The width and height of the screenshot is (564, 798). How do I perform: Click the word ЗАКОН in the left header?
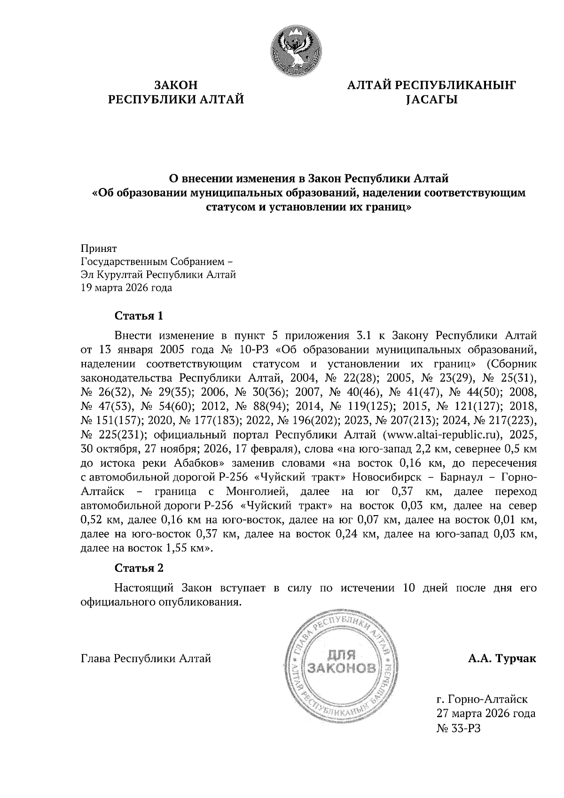coord(176,85)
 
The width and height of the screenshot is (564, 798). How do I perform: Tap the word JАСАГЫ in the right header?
coord(431,100)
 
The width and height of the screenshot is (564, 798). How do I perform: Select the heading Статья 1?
coord(139,315)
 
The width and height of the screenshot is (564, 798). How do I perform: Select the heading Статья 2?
coord(139,568)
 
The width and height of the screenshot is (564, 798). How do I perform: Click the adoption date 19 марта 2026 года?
coord(126,288)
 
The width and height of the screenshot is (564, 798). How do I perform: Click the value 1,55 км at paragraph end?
coord(185,548)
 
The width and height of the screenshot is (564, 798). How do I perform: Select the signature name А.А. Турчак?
coord(502,659)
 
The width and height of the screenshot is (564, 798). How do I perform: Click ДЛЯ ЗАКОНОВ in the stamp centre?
coord(342,662)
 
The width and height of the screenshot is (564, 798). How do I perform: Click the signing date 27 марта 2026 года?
coord(486,713)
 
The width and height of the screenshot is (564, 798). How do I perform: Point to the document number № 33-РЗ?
coord(460,728)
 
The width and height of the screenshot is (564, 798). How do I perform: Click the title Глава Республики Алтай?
coord(146,659)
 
